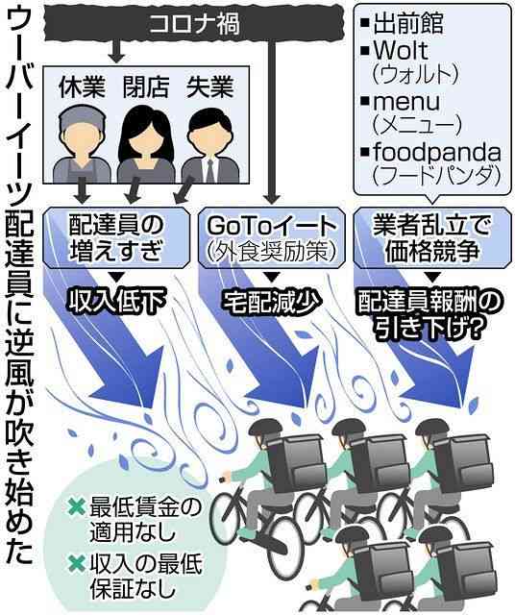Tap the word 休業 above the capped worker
point(82,86)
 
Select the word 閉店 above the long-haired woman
point(146,86)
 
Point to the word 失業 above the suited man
point(209,86)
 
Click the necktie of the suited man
point(210,170)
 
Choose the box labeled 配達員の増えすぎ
point(116,237)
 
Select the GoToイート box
point(272,237)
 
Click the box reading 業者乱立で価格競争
point(432,237)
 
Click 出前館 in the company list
point(408,23)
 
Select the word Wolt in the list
point(400,50)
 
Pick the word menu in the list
point(406,102)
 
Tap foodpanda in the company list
point(437,153)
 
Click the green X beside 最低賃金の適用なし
point(77,507)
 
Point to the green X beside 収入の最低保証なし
point(77,563)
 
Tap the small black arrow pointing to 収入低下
point(115,277)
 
